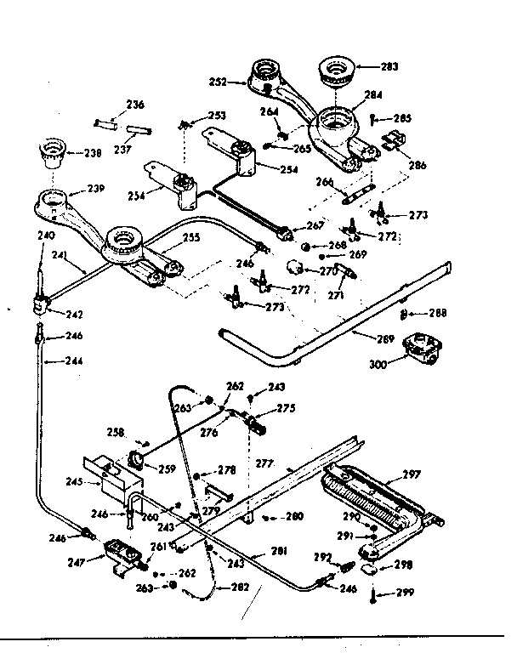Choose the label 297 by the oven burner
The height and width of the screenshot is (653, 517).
pyautogui.click(x=412, y=476)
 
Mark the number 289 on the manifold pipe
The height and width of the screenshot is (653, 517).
pyautogui.click(x=385, y=339)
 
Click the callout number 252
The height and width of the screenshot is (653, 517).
pyautogui.click(x=219, y=82)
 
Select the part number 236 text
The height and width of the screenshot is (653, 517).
pyautogui.click(x=135, y=105)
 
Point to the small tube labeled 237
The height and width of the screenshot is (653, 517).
pyautogui.click(x=139, y=132)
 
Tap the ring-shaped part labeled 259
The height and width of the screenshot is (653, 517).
pyautogui.click(x=134, y=460)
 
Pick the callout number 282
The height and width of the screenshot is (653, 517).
pyautogui.click(x=241, y=587)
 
